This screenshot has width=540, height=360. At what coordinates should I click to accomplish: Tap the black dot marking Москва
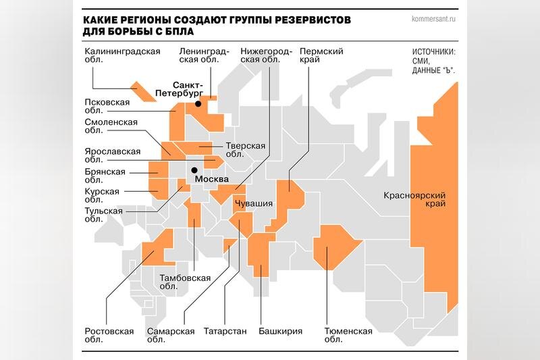click(194, 170)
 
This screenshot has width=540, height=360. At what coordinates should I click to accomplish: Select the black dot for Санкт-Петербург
click(198, 104)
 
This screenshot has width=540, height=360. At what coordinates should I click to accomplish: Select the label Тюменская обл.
click(348, 336)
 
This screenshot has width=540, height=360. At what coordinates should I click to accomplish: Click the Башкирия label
click(280, 331)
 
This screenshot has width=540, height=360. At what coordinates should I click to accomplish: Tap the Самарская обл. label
click(170, 336)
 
